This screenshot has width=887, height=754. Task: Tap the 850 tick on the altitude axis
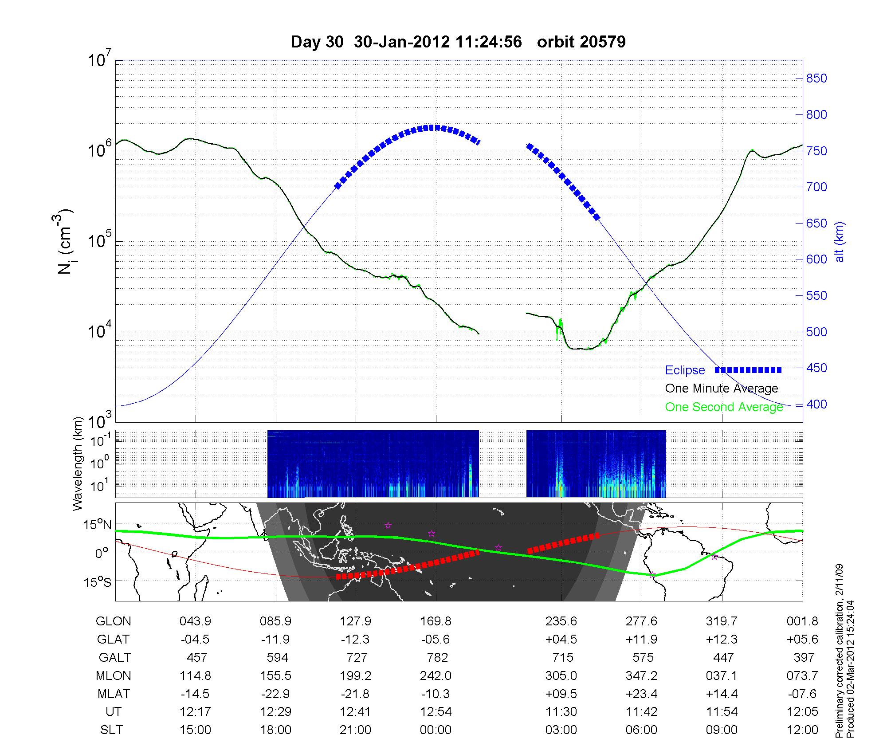(816, 79)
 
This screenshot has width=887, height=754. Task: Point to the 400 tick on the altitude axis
(816, 404)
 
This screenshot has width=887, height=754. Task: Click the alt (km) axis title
(840, 242)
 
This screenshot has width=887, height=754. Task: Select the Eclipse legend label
(685, 370)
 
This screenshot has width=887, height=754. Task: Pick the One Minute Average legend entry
(722, 389)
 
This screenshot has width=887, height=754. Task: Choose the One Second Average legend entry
(724, 407)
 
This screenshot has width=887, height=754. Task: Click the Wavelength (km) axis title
(78, 463)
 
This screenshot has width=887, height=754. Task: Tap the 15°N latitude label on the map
(98, 525)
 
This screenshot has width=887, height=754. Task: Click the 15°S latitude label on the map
(98, 581)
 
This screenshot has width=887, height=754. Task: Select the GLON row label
(113, 621)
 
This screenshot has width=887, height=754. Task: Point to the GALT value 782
(436, 657)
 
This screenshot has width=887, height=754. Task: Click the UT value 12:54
(436, 712)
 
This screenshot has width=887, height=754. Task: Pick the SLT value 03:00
(561, 730)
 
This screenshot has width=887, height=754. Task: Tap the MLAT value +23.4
(641, 694)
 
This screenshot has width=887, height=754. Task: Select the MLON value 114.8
(195, 675)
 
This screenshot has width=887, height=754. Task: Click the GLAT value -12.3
(355, 640)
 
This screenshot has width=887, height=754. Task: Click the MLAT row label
(114, 694)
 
